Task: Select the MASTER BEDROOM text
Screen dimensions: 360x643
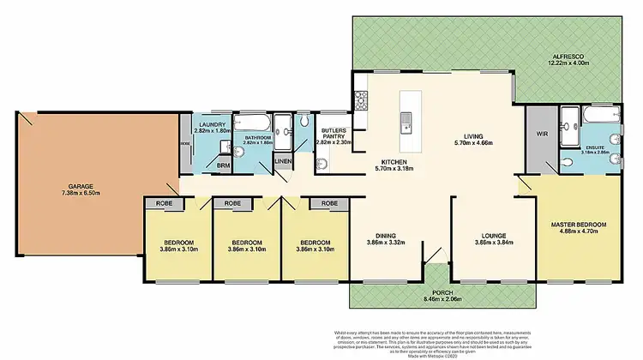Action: click(578, 225)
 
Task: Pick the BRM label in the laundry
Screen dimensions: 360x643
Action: click(222, 165)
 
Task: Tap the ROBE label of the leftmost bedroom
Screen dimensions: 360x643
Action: click(162, 204)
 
